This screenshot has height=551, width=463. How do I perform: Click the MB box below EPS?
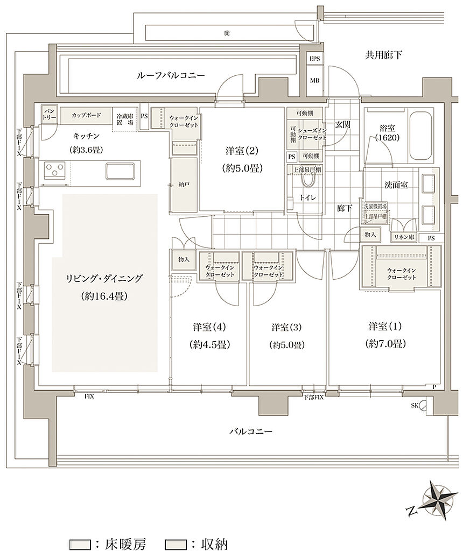pos(314,81)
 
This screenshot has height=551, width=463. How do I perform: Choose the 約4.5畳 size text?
pos(210,344)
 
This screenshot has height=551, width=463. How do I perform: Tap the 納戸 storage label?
pos(185,185)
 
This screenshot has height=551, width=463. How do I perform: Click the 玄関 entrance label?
pos(343,124)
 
